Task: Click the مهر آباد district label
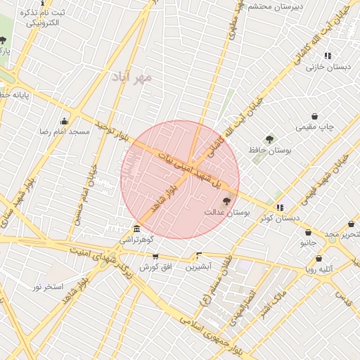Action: (131, 78)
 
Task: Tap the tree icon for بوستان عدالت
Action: (226, 201)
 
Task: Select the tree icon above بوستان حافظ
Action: (269, 139)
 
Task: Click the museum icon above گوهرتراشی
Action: (137, 229)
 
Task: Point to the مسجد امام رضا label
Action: (65, 131)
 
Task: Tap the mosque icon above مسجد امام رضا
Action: (65, 121)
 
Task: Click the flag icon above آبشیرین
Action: (199, 256)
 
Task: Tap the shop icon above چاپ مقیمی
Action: (314, 116)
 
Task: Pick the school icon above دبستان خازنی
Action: (328, 56)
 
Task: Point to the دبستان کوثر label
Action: (280, 217)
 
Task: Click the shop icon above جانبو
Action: (309, 232)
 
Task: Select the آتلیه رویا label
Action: (319, 269)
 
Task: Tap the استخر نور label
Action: (48, 287)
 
